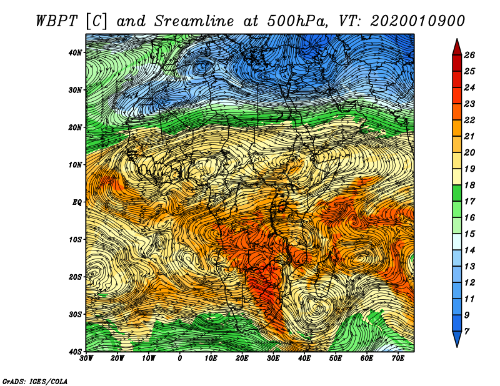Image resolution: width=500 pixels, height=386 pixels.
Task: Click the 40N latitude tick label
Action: (75, 52)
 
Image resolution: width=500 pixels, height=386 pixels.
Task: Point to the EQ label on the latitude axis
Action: (77, 202)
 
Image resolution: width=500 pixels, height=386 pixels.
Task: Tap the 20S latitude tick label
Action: (75, 277)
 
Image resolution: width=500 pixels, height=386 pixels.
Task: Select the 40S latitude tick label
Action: (75, 352)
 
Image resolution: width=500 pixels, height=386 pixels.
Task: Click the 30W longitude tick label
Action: (86, 359)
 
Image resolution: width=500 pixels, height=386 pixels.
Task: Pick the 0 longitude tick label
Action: (180, 359)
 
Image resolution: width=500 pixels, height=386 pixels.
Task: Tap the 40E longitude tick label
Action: (304, 359)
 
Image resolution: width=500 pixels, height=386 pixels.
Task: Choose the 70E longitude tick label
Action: (398, 359)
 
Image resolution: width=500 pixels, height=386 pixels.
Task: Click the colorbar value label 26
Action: (469, 55)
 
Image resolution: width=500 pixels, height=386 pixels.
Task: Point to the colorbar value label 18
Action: (469, 185)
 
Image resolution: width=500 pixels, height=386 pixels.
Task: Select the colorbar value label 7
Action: (466, 332)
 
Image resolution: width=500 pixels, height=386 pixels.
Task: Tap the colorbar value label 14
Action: (469, 250)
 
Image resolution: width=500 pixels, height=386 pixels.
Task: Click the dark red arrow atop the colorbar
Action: (457, 47)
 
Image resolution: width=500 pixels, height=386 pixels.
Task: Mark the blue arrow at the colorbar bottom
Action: (457, 339)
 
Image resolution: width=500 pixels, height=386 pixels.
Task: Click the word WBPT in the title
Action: (57, 21)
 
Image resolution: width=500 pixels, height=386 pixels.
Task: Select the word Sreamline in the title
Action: (194, 21)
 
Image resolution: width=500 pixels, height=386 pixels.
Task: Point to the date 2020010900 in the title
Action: (417, 21)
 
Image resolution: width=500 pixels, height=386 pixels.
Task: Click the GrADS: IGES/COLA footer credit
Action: (35, 381)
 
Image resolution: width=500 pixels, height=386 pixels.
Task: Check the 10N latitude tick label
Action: (75, 164)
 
